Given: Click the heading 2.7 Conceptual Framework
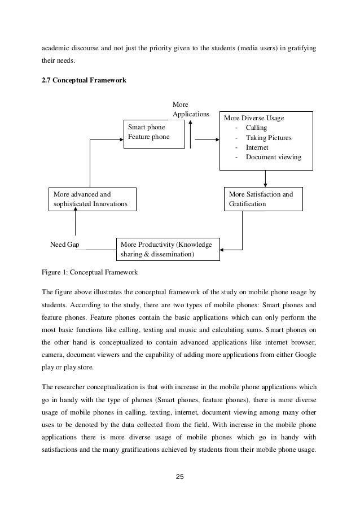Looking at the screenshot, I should (85, 81).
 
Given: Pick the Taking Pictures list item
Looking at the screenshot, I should (269, 138).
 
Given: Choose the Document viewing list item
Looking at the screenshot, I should (273, 157).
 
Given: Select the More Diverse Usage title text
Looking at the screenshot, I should (254, 119).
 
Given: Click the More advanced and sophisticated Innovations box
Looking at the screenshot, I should (90, 199).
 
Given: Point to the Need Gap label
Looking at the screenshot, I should (64, 245).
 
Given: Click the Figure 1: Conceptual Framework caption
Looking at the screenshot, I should (89, 273).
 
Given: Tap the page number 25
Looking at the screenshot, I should (179, 477).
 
